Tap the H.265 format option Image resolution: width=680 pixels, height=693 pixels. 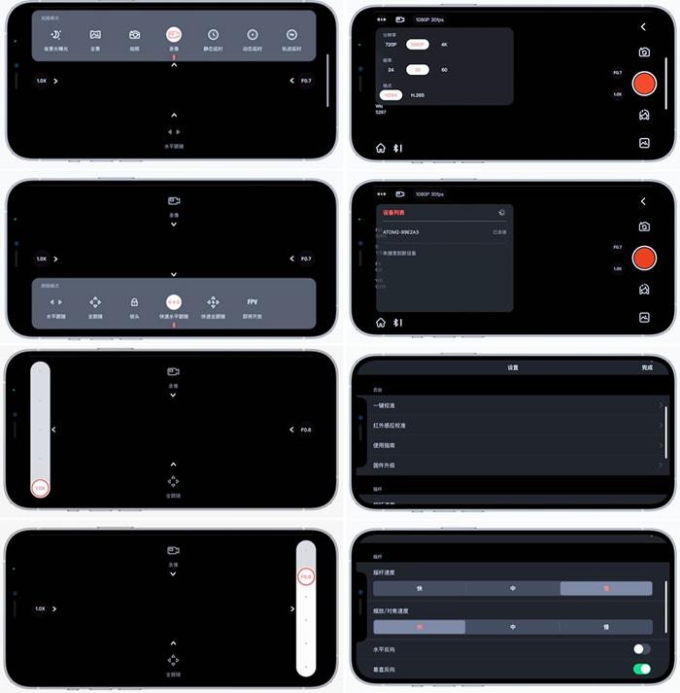click(417, 95)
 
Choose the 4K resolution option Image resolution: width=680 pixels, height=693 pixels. click(444, 45)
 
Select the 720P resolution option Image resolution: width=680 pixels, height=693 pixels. click(391, 45)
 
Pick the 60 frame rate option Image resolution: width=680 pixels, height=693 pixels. click(444, 70)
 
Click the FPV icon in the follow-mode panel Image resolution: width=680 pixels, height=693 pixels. click(253, 302)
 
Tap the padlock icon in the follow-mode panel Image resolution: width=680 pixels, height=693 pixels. click(134, 302)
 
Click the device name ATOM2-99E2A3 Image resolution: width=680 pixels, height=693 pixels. click(409, 232)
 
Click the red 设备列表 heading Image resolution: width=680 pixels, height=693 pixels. click(393, 213)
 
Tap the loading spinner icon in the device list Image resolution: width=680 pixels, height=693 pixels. click(501, 212)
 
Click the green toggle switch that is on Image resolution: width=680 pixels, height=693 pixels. click(641, 670)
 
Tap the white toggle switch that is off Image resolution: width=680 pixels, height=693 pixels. click(641, 648)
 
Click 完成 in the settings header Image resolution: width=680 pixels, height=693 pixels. click(647, 368)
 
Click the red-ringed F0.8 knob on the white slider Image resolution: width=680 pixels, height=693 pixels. click(306, 577)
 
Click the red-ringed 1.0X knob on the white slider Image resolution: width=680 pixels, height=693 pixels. click(40, 488)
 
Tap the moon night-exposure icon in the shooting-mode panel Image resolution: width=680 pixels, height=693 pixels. click(55, 34)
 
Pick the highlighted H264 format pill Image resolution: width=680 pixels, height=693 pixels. click(390, 95)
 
